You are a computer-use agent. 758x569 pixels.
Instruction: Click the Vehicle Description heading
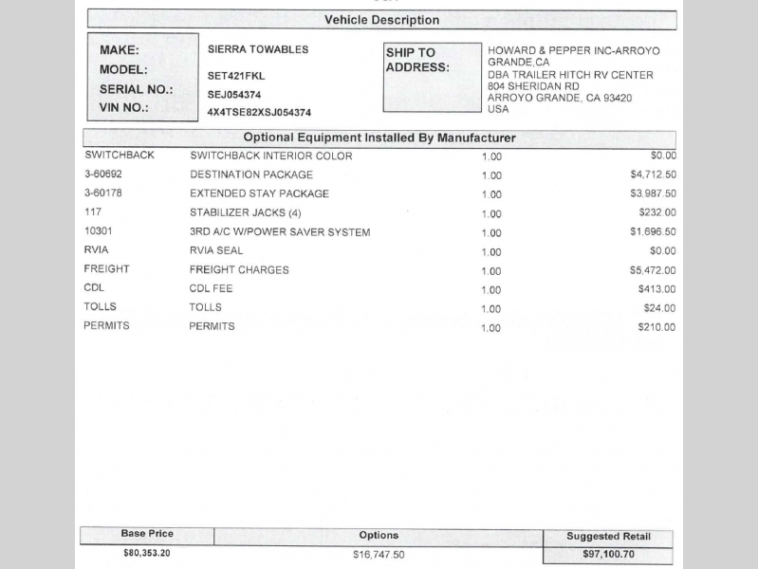click(x=381, y=20)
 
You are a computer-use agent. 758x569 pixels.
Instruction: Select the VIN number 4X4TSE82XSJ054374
click(x=259, y=112)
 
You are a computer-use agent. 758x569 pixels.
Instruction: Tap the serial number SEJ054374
click(x=234, y=95)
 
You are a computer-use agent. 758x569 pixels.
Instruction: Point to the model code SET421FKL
click(x=236, y=75)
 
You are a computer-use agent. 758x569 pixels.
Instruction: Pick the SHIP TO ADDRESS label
click(x=417, y=61)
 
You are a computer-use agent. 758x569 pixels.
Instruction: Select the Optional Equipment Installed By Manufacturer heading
click(x=379, y=138)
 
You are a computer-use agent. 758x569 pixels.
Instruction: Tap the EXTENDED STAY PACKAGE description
click(x=259, y=193)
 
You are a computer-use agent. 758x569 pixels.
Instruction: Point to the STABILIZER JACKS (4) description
click(x=246, y=212)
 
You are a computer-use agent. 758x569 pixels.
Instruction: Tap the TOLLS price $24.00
click(x=659, y=308)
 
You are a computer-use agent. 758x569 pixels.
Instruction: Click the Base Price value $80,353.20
click(x=147, y=553)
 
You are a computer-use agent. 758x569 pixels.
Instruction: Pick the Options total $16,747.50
click(x=379, y=555)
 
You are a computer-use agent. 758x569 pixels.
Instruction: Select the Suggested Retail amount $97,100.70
click(x=607, y=556)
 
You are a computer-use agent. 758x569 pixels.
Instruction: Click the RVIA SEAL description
click(x=216, y=250)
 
